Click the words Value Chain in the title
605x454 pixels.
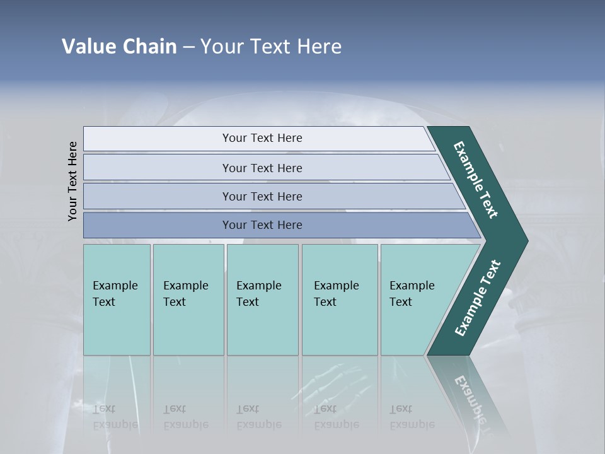point(119,47)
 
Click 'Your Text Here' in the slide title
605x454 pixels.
point(271,47)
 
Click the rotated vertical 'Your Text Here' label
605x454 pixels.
point(72,181)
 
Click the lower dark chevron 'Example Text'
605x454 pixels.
point(478,298)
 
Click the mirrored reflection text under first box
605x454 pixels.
point(115,417)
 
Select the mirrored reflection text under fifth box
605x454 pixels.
point(412,417)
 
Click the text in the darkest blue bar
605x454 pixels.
point(262,225)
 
